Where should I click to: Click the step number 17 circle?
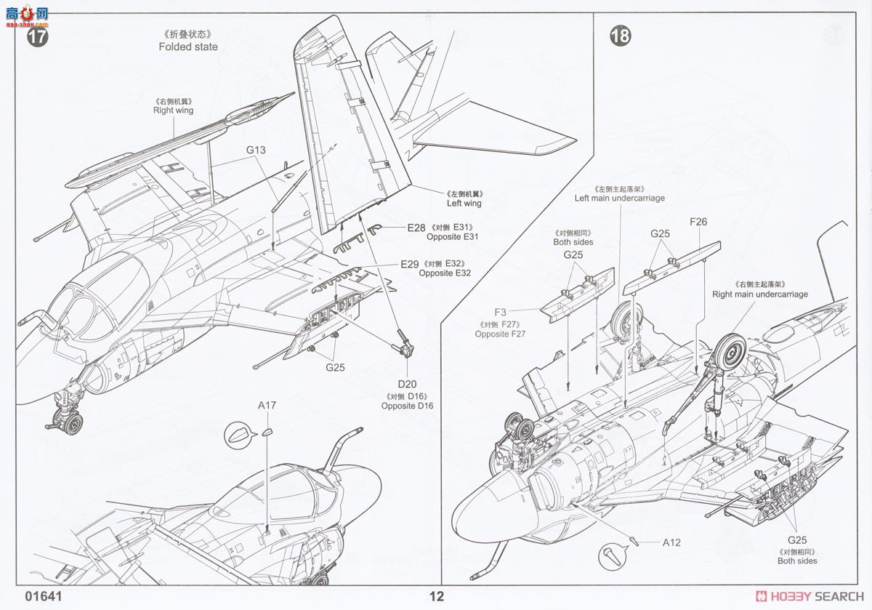[x=37, y=37]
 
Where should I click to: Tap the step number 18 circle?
[x=620, y=36]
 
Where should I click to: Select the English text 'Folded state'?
[x=188, y=47]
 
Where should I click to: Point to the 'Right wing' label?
[x=173, y=111]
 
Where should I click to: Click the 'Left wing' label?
[x=463, y=204]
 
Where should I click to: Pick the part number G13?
[x=256, y=151]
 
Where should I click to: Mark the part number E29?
[x=409, y=264]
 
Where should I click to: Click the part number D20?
[x=406, y=384]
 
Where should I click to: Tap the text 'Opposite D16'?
[x=407, y=406]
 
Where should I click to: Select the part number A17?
[x=267, y=405]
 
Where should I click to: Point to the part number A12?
[x=671, y=542]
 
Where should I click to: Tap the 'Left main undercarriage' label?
[x=619, y=198]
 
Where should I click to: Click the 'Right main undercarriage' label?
[x=759, y=294]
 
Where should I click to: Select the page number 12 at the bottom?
[x=436, y=597]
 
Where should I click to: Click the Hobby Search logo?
[x=807, y=596]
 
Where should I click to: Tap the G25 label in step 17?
[x=335, y=367]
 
